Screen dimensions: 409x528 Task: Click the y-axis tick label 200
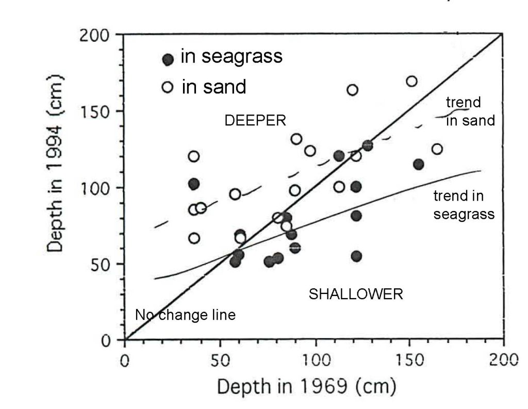pos(96,36)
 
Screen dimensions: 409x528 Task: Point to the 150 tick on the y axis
pos(96,112)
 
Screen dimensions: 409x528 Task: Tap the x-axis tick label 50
pos(220,361)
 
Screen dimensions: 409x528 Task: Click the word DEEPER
pos(255,120)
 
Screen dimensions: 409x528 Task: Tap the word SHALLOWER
pos(355,295)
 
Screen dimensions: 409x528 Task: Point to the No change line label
pos(185,315)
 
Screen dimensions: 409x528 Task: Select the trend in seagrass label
pos(464,205)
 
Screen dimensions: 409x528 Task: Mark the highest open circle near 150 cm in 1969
pos(411,81)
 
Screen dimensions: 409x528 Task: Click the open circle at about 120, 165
pos(352,90)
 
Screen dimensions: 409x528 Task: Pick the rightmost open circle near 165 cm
pos(437,149)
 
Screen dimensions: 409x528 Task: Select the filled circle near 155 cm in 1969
pos(418,165)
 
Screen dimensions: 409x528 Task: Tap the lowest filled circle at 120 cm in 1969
pos(356,256)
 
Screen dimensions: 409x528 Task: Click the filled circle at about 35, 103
pos(194,184)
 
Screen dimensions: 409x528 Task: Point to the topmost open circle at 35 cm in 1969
pos(194,156)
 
